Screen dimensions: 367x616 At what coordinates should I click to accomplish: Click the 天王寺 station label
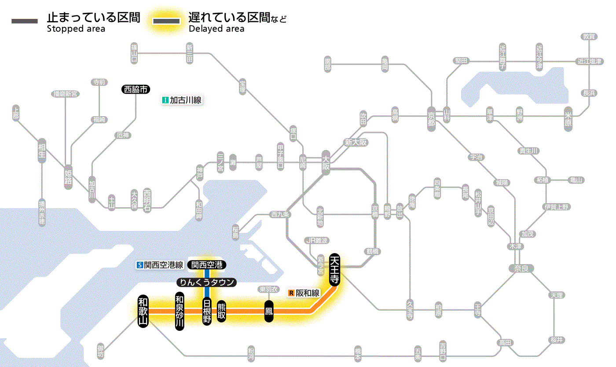(x=334, y=269)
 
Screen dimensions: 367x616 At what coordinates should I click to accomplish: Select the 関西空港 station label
(x=207, y=265)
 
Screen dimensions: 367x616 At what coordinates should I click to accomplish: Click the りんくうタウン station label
(x=206, y=283)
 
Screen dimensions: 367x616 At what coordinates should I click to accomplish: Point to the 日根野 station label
(x=207, y=311)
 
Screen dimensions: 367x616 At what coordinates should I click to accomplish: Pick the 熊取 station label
(x=221, y=311)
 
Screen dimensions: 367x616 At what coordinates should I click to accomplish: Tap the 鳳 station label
(x=269, y=311)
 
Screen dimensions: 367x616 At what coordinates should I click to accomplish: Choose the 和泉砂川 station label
(x=179, y=311)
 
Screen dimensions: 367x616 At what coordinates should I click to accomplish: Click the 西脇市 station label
(x=136, y=89)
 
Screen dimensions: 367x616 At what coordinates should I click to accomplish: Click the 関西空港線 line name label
(x=164, y=265)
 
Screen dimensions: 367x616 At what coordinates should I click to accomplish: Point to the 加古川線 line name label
(x=185, y=100)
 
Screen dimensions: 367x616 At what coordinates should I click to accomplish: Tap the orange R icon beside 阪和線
(x=290, y=293)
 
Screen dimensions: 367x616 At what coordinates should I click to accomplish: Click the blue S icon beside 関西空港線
(x=140, y=265)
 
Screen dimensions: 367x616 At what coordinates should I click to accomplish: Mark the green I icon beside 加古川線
(x=165, y=100)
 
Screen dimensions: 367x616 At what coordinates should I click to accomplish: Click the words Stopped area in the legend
(x=76, y=29)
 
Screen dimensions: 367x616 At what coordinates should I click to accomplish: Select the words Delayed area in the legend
(x=216, y=29)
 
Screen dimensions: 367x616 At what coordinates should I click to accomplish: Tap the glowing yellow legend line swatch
(x=166, y=21)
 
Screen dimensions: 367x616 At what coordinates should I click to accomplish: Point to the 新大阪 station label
(x=356, y=143)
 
